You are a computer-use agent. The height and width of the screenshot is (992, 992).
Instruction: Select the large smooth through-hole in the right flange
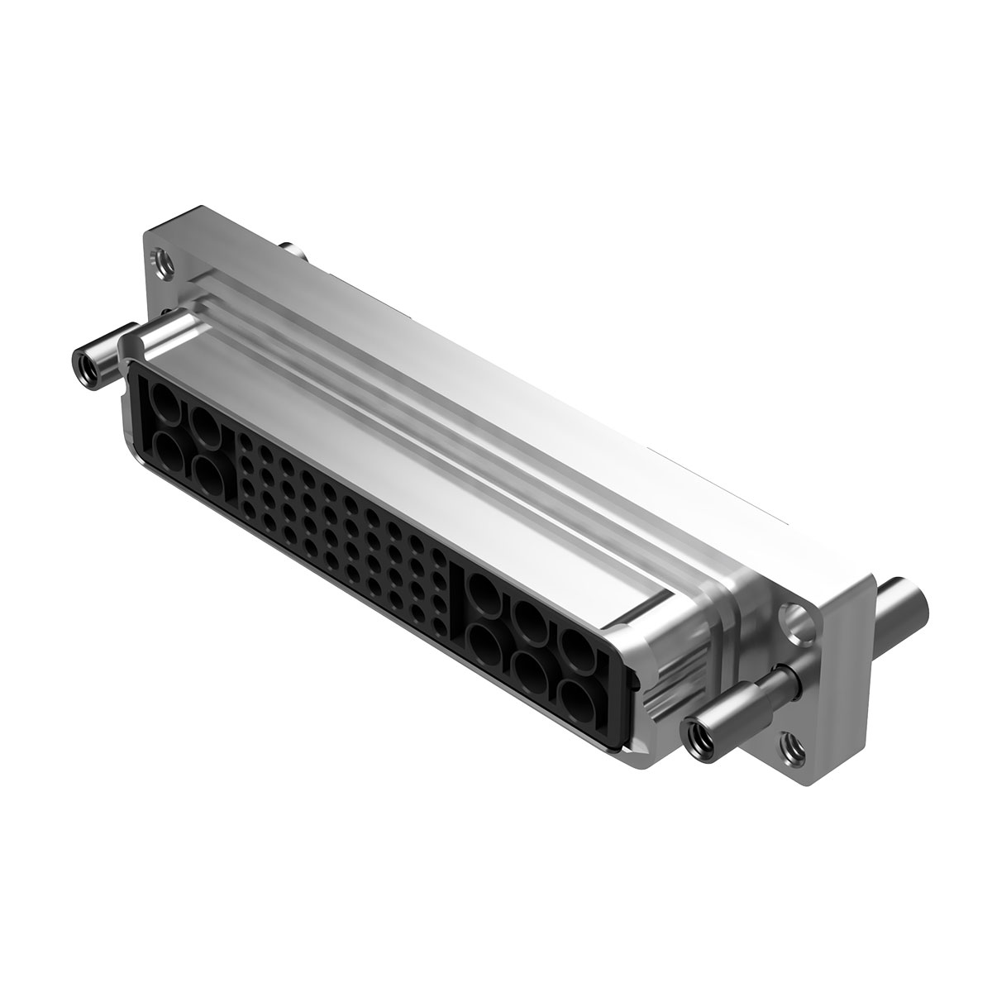point(795,620)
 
